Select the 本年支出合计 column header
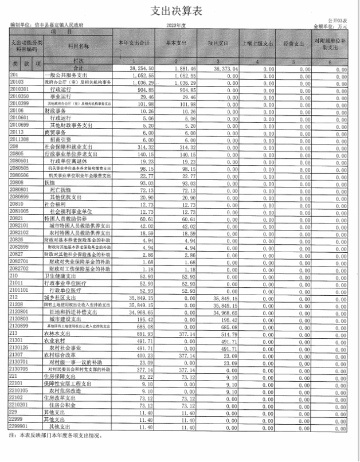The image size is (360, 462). (133, 43)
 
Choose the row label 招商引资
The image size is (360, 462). (62, 139)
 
